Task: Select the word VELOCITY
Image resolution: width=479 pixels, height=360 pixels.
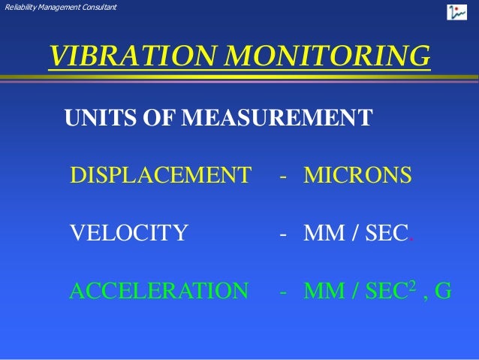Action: click(128, 233)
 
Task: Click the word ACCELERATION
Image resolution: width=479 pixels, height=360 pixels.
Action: click(158, 290)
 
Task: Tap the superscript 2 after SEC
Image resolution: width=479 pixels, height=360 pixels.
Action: click(411, 285)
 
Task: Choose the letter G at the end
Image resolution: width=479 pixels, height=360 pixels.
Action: click(443, 290)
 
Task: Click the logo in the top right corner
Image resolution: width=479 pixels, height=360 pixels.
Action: click(457, 12)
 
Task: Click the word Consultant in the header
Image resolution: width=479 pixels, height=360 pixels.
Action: click(100, 8)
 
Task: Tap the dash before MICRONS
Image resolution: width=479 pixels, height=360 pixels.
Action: click(283, 177)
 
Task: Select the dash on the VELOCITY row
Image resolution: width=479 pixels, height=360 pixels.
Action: click(283, 234)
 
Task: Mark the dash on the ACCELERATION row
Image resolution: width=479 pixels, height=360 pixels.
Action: click(283, 292)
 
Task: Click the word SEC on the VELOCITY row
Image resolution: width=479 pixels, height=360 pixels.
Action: click(385, 233)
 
